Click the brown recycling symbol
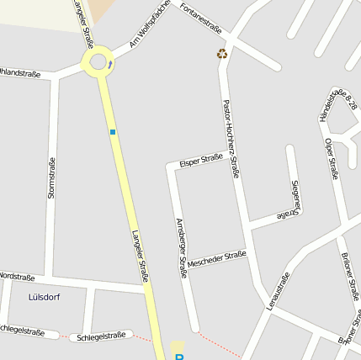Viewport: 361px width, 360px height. (x=221, y=54)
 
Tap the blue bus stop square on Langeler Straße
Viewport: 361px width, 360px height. (x=113, y=132)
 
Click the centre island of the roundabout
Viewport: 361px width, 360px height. (x=98, y=61)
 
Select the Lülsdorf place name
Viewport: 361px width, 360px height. (x=45, y=297)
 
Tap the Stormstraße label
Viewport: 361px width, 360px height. (x=51, y=177)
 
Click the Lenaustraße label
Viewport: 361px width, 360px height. (x=278, y=290)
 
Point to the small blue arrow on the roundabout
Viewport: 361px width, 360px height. (x=110, y=65)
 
